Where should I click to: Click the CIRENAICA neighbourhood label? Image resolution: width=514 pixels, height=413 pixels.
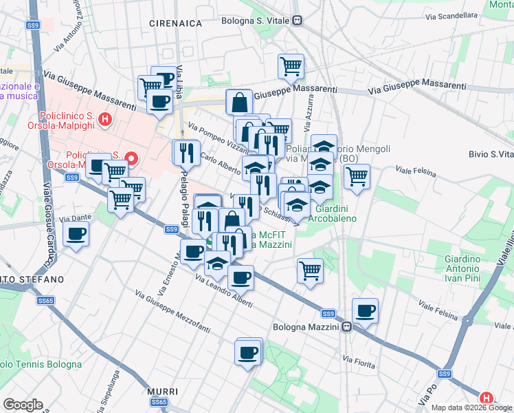176,23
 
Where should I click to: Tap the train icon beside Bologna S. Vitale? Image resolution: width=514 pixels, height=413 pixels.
297,21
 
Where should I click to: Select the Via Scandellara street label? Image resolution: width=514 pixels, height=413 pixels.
451,16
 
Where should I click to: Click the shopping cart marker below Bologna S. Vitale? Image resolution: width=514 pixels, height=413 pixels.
291,66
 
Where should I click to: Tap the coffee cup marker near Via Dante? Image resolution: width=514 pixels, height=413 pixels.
76,234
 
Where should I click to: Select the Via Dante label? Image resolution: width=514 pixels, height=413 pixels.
75,218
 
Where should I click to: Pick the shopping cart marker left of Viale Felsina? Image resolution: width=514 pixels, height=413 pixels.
357,176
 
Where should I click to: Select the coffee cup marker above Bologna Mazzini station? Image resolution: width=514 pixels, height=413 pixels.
365,310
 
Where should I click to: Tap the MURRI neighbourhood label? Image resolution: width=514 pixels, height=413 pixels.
163,392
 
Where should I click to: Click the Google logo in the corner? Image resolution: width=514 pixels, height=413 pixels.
23,405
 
